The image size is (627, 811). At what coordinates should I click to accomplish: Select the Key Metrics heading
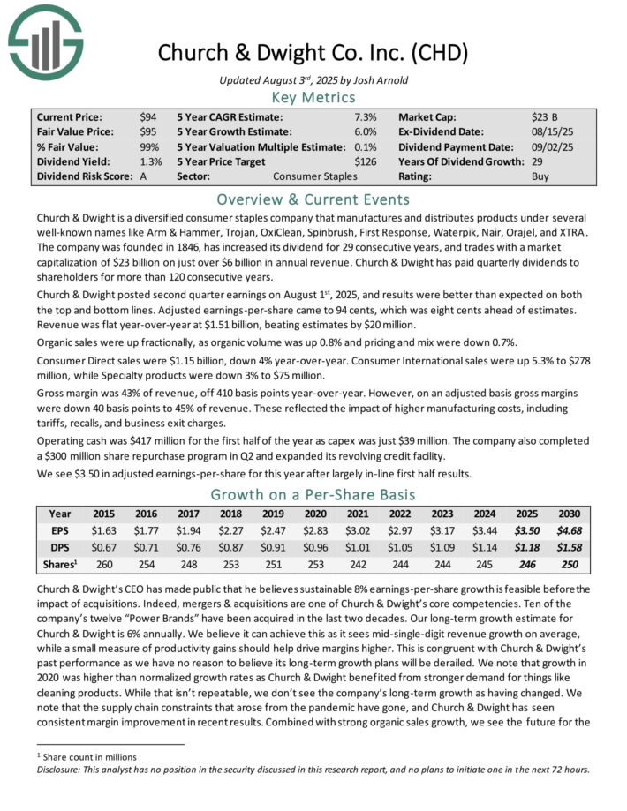click(313, 98)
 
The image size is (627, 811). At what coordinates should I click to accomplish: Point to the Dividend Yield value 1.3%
click(150, 161)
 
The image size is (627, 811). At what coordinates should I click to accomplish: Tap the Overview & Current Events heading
click(313, 199)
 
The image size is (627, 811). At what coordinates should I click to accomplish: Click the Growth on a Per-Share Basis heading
click(313, 494)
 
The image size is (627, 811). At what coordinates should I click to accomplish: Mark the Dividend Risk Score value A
click(143, 176)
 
